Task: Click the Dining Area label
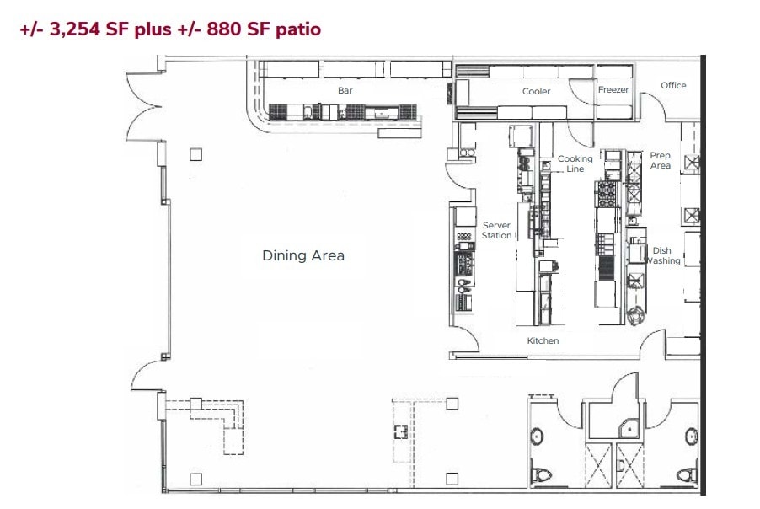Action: (x=303, y=255)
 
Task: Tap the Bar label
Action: (x=345, y=90)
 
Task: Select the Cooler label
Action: (x=536, y=91)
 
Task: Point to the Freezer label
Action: (x=613, y=89)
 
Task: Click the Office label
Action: (x=673, y=85)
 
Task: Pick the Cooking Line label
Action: (x=575, y=163)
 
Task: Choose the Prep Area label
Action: (x=660, y=160)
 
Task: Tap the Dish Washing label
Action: (x=663, y=255)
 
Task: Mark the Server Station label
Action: (x=497, y=230)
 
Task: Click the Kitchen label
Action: (x=543, y=340)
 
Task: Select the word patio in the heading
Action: (x=294, y=29)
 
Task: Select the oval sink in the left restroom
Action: (x=537, y=436)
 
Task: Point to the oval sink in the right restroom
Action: (x=691, y=436)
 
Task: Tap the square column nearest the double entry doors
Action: (x=195, y=153)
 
